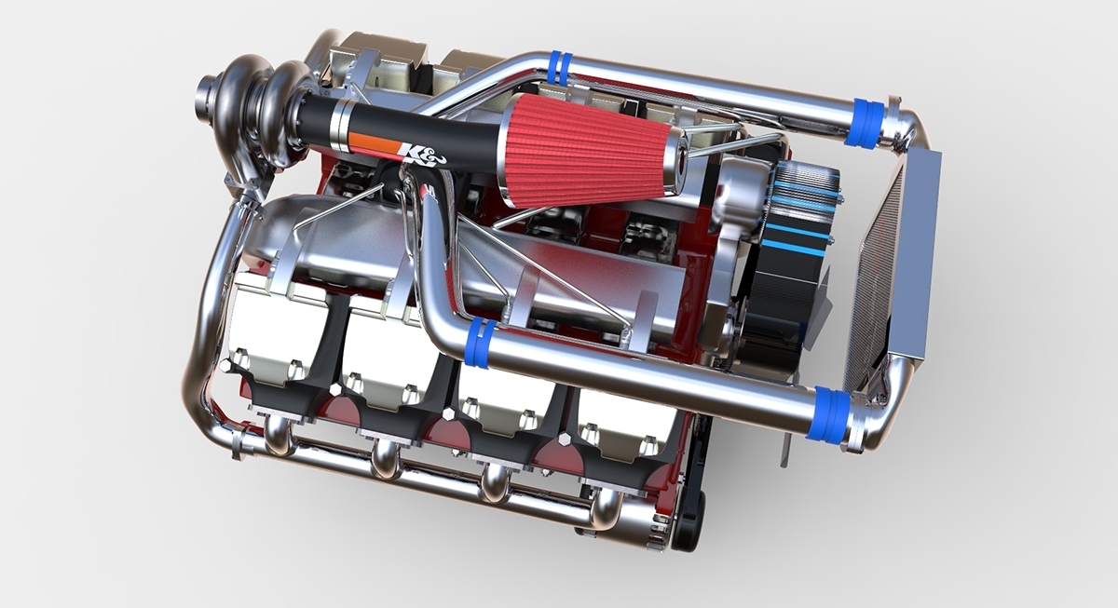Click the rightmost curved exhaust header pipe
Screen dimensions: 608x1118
pyautogui.click(x=606, y=504)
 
